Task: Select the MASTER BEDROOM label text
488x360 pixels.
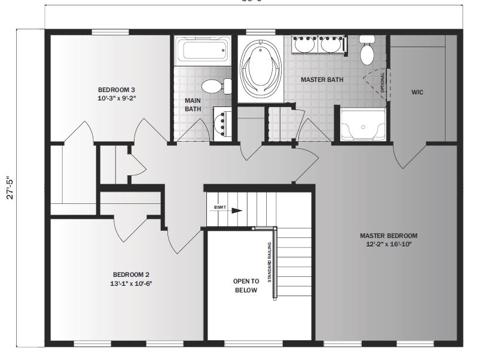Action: click(x=388, y=235)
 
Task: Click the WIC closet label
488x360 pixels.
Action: click(x=417, y=93)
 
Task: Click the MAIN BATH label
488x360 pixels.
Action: click(x=193, y=105)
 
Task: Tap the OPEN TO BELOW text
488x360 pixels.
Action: click(x=245, y=285)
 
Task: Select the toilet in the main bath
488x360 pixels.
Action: click(x=216, y=86)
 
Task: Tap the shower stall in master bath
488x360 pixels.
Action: click(x=362, y=125)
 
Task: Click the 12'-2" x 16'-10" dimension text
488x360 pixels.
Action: click(x=388, y=244)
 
